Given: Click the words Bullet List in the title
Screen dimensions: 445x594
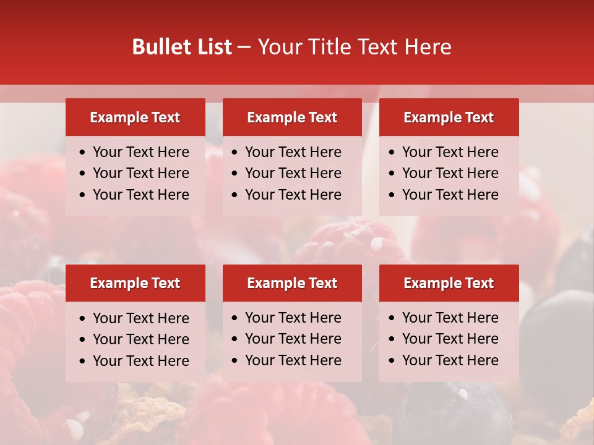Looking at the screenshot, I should (182, 47).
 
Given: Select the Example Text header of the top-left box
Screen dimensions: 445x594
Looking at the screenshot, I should (135, 117).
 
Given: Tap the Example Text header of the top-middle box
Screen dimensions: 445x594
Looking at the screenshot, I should (292, 117).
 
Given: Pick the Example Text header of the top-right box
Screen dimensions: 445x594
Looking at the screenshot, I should (449, 117).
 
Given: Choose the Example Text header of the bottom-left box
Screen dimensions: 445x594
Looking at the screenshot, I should (135, 283).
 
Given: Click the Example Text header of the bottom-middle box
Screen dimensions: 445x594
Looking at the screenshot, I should (292, 283).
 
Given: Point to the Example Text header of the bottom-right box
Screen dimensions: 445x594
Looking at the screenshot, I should (449, 283).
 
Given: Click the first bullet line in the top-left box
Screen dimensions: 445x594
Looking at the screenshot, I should (140, 152).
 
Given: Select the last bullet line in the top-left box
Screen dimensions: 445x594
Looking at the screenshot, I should (140, 195).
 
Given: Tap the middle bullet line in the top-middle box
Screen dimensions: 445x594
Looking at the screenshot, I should (293, 173).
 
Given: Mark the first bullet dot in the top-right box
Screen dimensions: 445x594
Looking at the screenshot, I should (392, 153).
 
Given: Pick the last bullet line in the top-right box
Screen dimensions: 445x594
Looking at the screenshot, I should (450, 195).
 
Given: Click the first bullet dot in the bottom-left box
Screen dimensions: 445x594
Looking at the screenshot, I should (82, 319).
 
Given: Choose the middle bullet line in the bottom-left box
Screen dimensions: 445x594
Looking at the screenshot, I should (140, 339).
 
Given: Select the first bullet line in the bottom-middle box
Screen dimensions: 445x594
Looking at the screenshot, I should (293, 318).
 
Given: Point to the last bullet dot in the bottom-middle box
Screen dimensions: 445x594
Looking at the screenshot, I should (235, 361).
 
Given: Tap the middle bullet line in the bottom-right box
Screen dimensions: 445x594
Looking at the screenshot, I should (450, 339).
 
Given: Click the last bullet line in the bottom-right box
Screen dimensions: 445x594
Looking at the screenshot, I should (450, 360).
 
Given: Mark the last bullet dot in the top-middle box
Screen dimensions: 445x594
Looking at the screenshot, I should (235, 195).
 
